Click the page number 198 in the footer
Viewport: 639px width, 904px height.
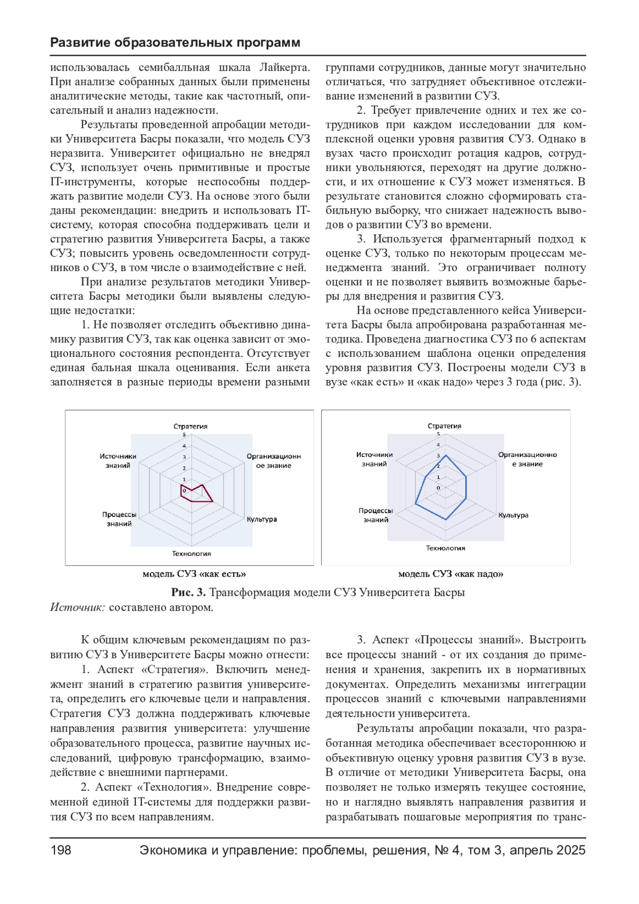coord(61,850)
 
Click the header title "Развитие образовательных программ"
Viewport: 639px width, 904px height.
coord(175,43)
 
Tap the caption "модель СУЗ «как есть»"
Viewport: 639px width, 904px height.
coord(194,574)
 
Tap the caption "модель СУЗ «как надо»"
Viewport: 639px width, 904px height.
coord(450,574)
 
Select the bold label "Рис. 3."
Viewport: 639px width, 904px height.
coord(189,593)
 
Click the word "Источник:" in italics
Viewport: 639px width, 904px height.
coord(78,607)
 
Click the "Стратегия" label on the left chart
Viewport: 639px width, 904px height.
coord(191,426)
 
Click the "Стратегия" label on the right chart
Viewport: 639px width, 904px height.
coord(445,426)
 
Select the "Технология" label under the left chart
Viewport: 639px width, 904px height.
coord(191,554)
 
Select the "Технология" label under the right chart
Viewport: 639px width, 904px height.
coord(445,548)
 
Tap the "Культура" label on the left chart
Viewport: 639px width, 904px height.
coord(261,519)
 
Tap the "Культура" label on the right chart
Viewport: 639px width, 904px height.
coord(513,515)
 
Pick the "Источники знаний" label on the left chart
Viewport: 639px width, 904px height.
coord(118,461)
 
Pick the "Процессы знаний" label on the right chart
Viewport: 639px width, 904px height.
coord(375,515)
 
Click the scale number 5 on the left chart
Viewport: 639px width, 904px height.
coord(184,435)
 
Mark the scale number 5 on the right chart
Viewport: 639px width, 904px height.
coord(438,434)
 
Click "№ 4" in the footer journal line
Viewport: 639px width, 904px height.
coord(449,850)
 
